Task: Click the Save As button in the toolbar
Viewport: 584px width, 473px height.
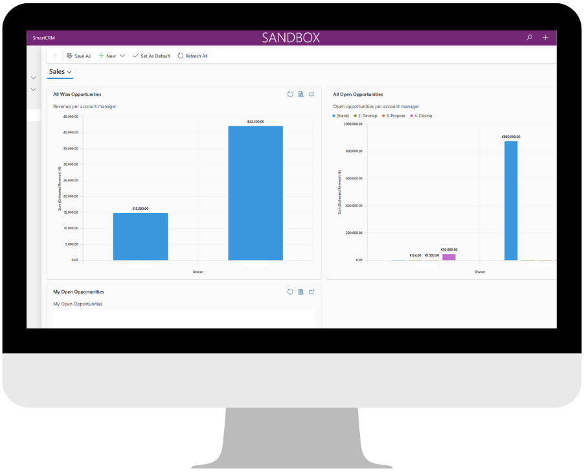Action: (79, 56)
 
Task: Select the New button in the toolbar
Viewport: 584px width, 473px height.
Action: (107, 56)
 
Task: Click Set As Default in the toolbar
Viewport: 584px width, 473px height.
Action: (152, 56)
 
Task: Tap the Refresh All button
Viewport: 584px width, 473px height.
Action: (193, 56)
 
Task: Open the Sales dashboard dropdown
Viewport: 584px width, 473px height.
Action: (60, 72)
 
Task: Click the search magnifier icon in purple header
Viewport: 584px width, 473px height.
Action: (530, 38)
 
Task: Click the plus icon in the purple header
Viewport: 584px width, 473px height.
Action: (545, 38)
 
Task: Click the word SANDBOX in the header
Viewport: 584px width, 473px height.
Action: (291, 38)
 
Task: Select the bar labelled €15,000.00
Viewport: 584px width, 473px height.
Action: (140, 236)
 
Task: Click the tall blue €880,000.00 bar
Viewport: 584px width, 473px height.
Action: (511, 201)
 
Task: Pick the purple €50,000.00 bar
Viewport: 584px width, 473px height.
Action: (449, 257)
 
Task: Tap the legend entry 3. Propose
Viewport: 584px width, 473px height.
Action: (394, 116)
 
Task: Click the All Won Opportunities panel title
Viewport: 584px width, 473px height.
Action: (77, 95)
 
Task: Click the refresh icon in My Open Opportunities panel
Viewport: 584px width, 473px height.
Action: (291, 292)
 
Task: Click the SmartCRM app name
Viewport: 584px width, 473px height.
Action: (44, 38)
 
